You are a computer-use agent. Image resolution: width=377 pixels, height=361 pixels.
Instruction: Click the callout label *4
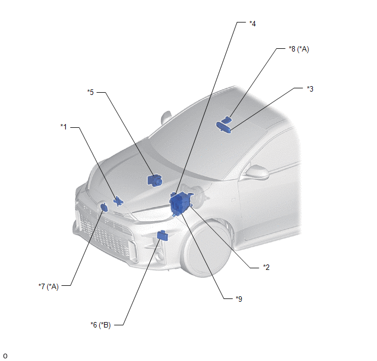click(x=253, y=24)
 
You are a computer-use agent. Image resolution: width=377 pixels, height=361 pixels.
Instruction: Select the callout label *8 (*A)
click(x=299, y=49)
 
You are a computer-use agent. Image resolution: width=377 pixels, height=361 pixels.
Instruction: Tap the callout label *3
click(x=310, y=89)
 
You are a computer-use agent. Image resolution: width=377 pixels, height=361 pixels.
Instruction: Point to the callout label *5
click(x=90, y=92)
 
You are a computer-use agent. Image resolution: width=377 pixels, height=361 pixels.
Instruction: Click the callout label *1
click(x=64, y=127)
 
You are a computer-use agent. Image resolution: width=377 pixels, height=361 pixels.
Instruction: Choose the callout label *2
click(x=266, y=267)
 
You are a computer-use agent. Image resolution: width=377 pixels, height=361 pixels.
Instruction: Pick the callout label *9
click(x=239, y=299)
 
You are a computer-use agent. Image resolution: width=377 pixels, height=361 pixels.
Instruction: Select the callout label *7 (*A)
click(x=49, y=286)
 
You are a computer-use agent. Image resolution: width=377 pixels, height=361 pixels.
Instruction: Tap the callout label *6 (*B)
click(x=100, y=325)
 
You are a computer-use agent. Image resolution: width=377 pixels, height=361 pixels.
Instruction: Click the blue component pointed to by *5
click(x=155, y=180)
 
